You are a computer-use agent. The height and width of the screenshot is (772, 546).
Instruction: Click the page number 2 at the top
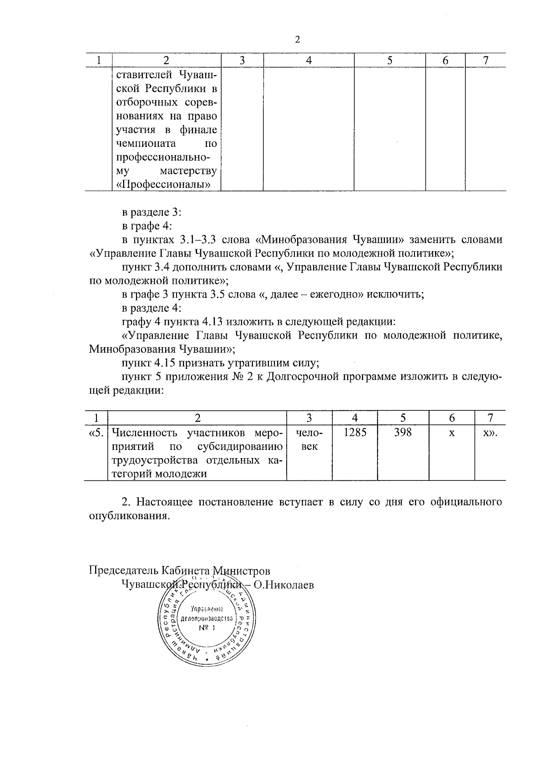tap(298, 40)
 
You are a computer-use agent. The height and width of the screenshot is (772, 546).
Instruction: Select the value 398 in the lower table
tap(403, 433)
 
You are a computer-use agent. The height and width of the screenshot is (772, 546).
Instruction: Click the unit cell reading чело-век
tap(309, 439)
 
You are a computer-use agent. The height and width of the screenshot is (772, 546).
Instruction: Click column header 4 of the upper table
tap(309, 60)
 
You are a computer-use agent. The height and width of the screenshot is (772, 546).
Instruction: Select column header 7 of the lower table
tap(490, 418)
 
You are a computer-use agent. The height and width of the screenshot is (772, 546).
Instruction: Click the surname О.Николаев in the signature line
tap(283, 585)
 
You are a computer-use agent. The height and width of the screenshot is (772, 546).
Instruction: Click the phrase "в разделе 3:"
tap(152, 212)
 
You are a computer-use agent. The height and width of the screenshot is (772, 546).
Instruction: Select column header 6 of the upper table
tap(445, 60)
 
